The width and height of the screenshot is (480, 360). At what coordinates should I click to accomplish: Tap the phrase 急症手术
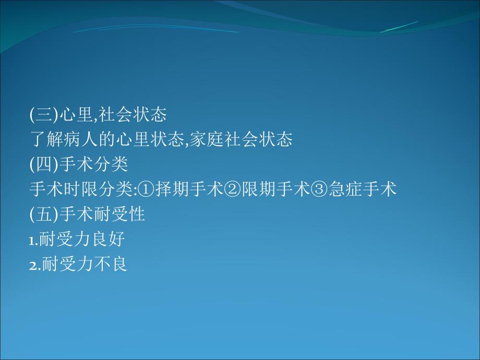(363, 189)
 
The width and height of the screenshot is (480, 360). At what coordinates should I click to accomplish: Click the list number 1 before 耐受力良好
(32, 241)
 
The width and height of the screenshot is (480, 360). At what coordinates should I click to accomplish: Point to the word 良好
(111, 239)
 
